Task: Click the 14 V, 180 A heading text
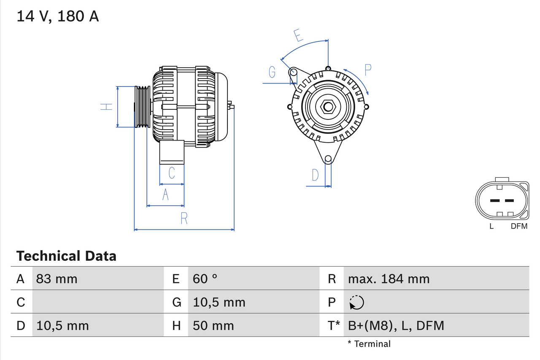58,16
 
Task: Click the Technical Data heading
66,256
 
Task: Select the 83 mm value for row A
57,279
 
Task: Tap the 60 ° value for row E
205,279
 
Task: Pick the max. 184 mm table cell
389,279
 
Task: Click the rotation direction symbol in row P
356,302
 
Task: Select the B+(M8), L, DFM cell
396,325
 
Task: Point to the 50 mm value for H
213,325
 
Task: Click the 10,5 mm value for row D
62,325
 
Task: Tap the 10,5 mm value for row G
219,302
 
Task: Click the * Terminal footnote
369,344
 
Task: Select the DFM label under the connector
519,226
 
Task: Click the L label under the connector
491,226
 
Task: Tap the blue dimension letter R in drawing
184,219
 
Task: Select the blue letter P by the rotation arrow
368,70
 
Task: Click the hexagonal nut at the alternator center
328,106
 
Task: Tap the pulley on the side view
142,107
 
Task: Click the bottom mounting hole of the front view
328,159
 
